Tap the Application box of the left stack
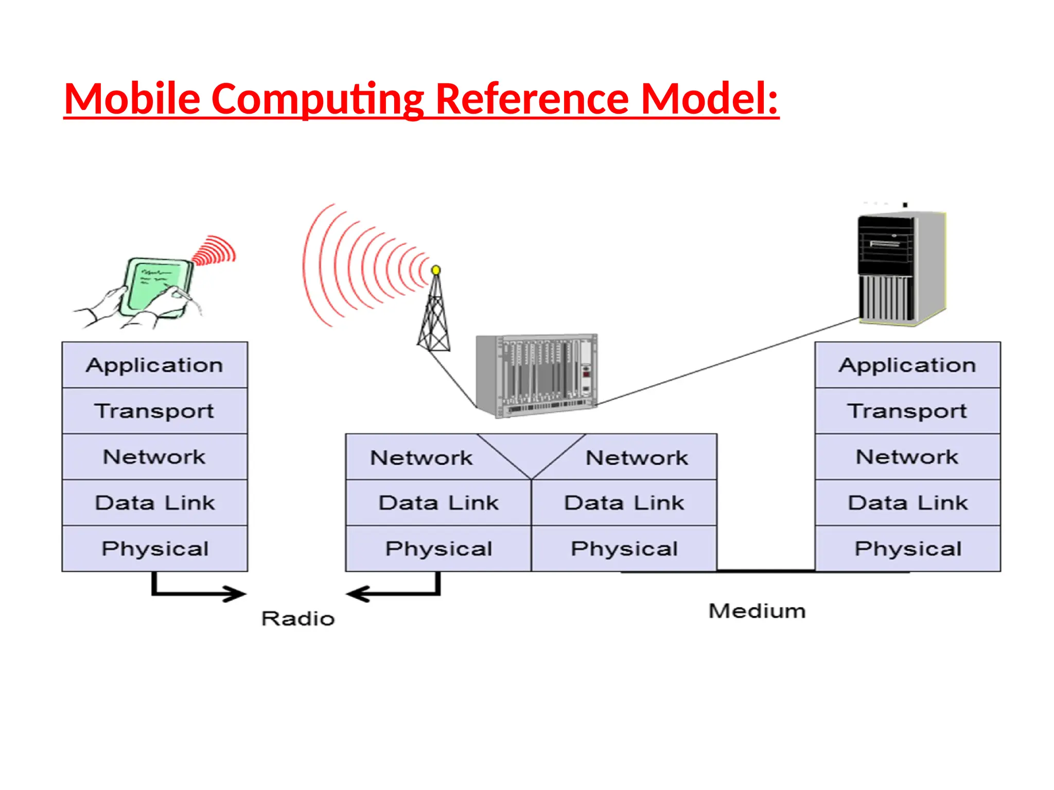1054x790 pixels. pos(154,365)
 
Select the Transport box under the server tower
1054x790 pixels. pos(907,410)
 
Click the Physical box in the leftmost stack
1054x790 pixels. pos(154,548)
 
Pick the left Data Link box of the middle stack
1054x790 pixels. pos(438,502)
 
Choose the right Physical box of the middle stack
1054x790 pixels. pos(624,548)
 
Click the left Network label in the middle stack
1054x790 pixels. pos(421,457)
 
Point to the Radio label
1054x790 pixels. pos(298,618)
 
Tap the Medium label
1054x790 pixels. pos(757,611)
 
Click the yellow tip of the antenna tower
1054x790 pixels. pos(436,270)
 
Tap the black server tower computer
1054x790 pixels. pos(901,267)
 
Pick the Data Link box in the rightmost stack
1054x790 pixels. pos(907,502)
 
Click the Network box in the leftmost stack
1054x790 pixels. pos(154,457)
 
